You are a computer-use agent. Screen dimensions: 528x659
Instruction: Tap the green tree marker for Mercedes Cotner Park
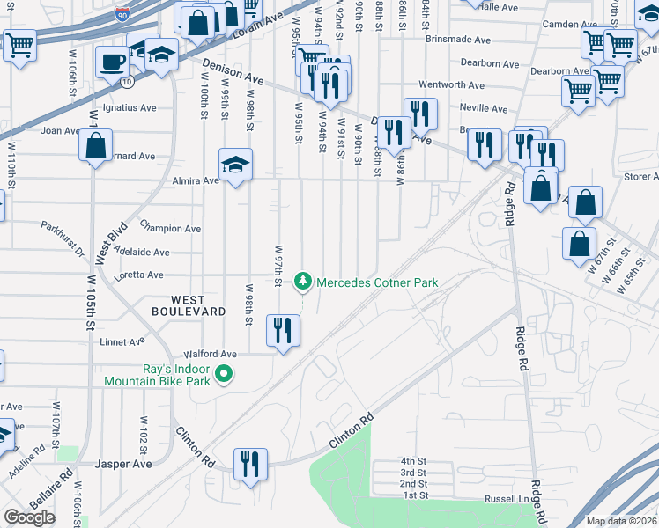click(303, 282)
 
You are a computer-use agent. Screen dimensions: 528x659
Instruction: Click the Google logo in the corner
click(29, 517)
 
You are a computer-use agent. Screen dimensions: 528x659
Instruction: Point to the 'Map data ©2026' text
click(622, 521)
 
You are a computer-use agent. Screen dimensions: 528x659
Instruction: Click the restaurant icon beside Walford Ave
click(283, 332)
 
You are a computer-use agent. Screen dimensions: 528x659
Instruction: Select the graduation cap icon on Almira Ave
click(235, 165)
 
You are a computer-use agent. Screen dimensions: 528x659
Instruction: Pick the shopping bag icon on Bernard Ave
click(97, 144)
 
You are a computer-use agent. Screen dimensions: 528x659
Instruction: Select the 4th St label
click(412, 461)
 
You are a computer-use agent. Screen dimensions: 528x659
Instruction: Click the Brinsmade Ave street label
click(456, 40)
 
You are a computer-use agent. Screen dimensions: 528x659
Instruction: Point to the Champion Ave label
click(169, 228)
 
